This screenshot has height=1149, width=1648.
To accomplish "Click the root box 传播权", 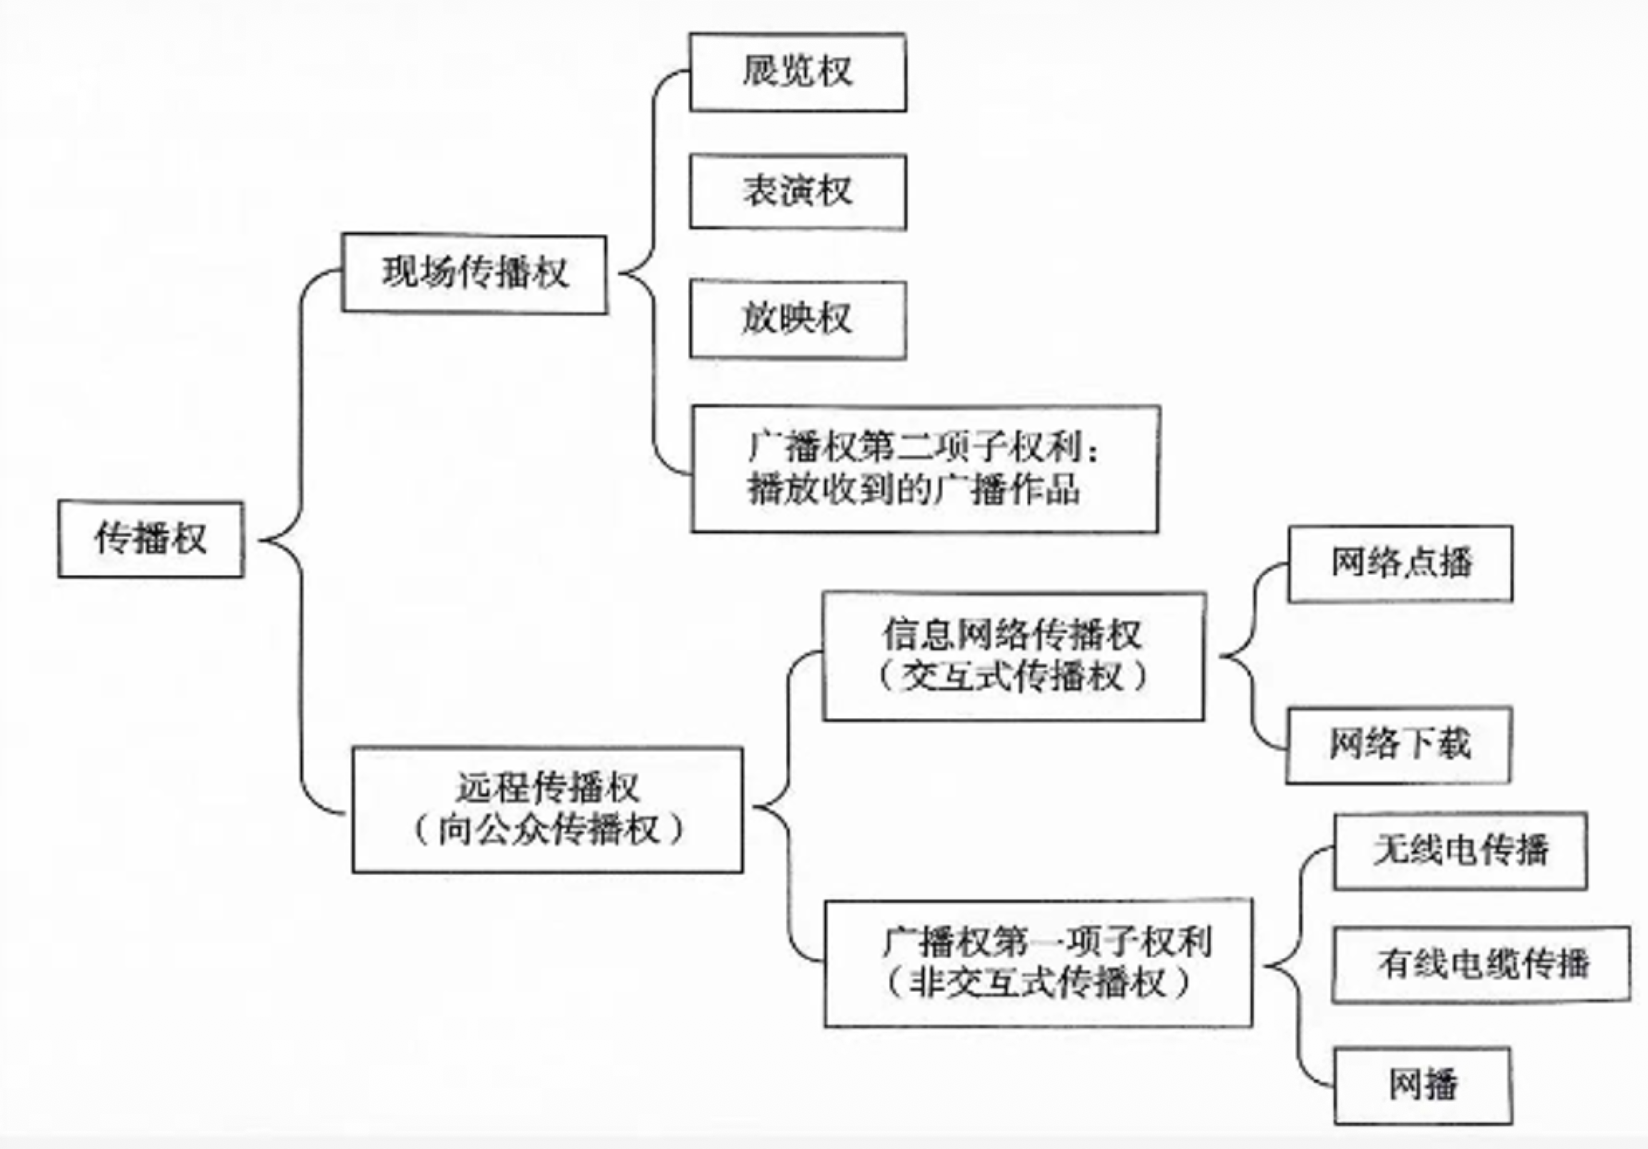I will (x=151, y=539).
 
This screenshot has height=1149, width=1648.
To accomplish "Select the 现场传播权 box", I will (x=474, y=274).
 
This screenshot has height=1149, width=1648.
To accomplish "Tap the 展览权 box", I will (x=797, y=72).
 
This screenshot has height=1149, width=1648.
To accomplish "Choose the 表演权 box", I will (x=797, y=191).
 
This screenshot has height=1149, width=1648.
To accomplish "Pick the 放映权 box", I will (x=797, y=320).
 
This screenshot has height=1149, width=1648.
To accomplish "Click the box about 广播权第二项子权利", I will (x=925, y=469).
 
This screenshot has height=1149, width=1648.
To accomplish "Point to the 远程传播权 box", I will (x=547, y=809).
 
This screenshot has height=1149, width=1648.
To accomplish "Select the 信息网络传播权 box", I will (x=1013, y=656).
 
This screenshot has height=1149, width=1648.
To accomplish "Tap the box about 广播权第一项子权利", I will (x=1037, y=962).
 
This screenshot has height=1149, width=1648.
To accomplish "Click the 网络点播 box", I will (x=1400, y=564).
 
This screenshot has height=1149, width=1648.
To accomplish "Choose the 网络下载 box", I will (x=1399, y=745).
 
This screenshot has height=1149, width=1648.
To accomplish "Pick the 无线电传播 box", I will (x=1459, y=851).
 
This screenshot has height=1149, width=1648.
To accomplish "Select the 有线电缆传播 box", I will (x=1481, y=964).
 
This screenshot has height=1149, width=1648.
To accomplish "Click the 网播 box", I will (x=1423, y=1085).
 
